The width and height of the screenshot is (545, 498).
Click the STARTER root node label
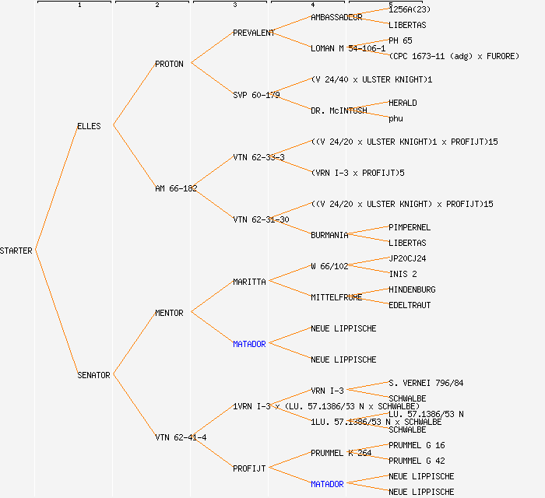tap(16, 251)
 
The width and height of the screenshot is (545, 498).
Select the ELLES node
tap(89, 126)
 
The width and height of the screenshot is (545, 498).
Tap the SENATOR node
tap(93, 375)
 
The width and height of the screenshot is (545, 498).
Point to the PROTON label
tap(169, 64)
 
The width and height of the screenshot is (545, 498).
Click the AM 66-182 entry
tap(176, 188)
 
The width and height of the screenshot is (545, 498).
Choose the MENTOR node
tap(169, 313)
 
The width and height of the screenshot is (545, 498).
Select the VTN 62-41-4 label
tap(181, 437)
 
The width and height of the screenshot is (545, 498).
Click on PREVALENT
tap(254, 33)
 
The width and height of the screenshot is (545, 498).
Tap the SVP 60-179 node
tap(256, 95)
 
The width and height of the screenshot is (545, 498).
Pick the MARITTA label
tap(249, 282)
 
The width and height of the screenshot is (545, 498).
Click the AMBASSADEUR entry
tap(336, 17)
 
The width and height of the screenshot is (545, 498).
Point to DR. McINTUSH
tap(339, 110)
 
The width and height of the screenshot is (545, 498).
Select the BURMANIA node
tap(329, 235)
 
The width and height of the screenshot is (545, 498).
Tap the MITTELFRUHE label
tap(336, 297)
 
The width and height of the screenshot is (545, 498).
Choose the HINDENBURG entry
tap(412, 289)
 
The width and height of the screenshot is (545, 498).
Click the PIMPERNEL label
tap(410, 227)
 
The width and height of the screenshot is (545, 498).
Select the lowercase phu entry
tap(396, 118)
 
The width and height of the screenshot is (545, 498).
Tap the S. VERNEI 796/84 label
tap(426, 383)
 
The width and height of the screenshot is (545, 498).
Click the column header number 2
tap(156, 5)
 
